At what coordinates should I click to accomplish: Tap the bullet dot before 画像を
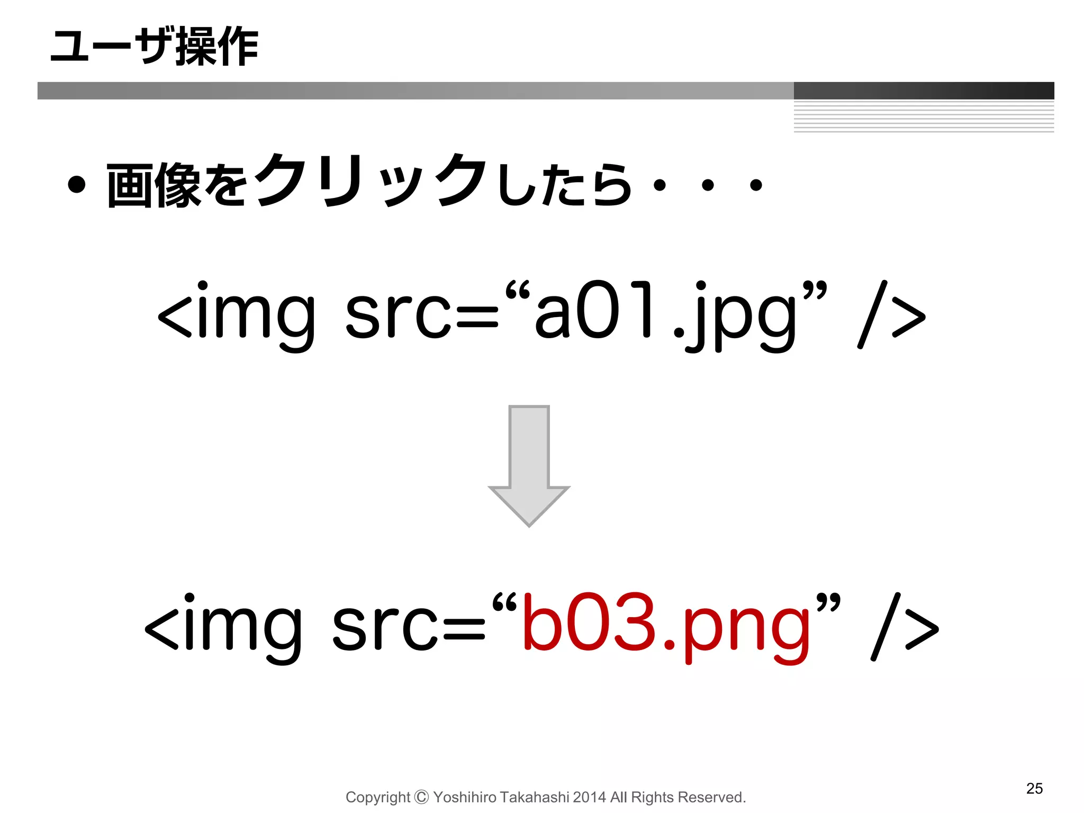[77, 185]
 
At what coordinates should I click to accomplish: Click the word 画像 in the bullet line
[153, 185]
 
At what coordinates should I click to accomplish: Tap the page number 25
[1034, 788]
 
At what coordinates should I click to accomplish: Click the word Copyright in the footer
[377, 797]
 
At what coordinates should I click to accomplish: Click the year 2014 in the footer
[589, 797]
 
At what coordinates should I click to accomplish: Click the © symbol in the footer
[421, 797]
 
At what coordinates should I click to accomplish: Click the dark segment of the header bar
[924, 91]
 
